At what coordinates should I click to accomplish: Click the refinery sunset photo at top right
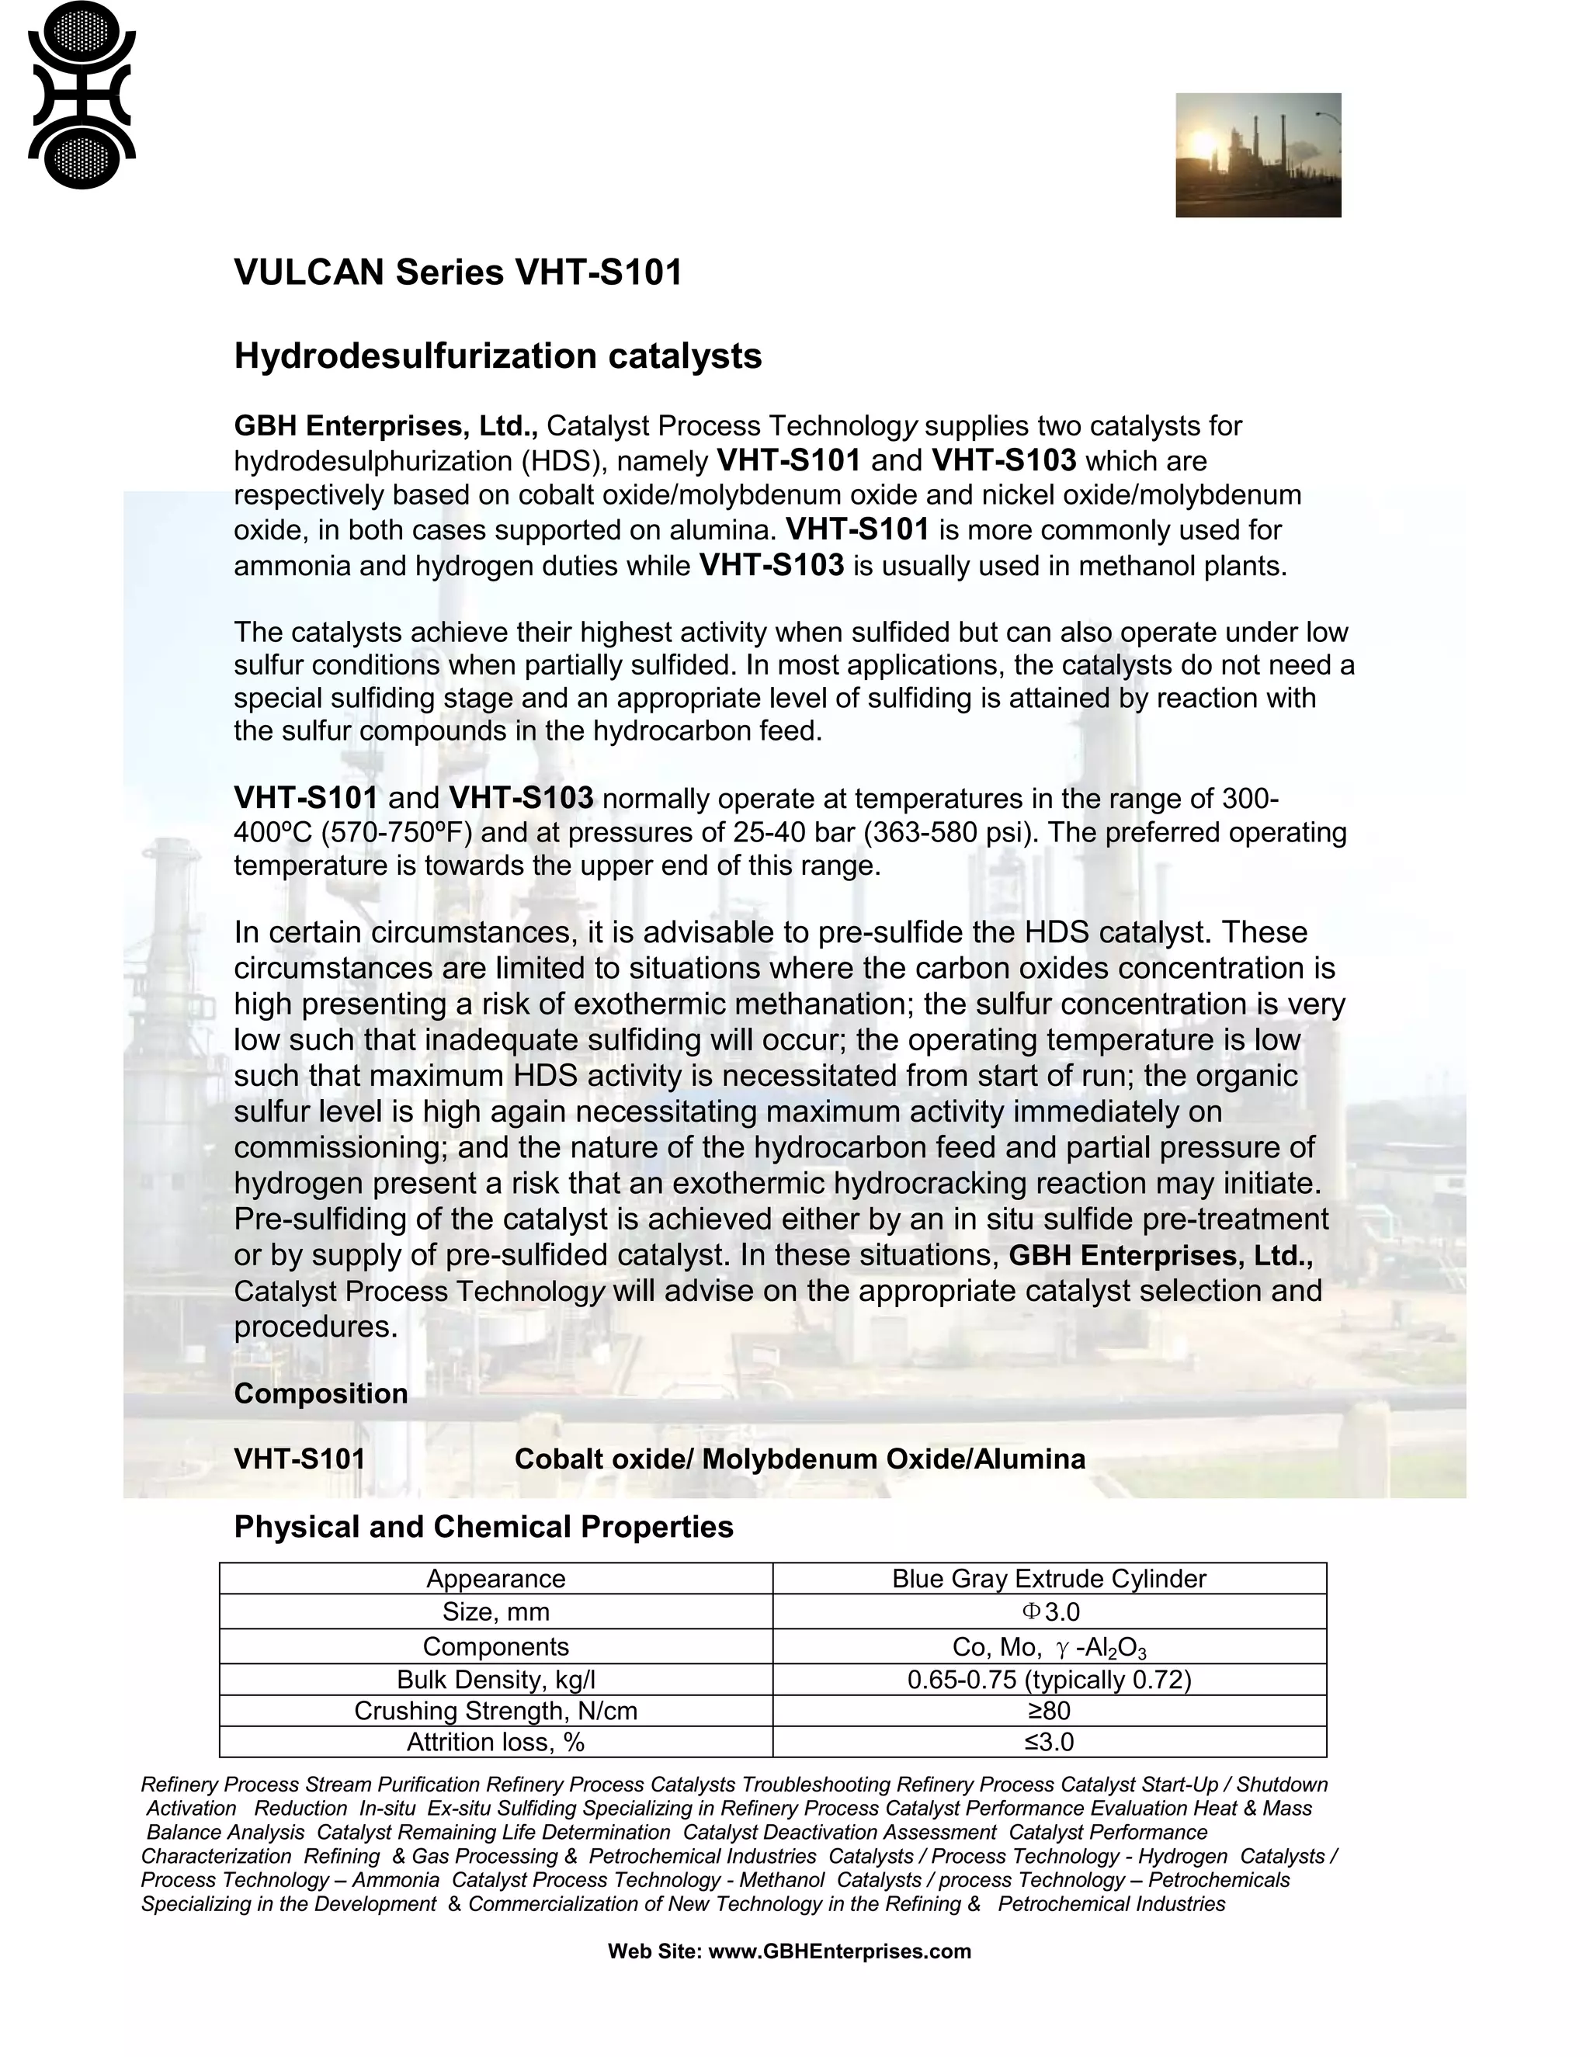point(1258,154)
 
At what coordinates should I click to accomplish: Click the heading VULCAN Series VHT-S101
point(458,273)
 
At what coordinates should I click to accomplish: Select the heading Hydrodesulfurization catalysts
point(498,356)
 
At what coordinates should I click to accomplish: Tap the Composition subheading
point(321,1394)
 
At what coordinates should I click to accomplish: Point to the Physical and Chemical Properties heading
point(483,1527)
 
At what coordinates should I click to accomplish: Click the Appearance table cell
point(495,1579)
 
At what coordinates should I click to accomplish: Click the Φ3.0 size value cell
point(1050,1611)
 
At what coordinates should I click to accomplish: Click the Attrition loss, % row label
point(495,1742)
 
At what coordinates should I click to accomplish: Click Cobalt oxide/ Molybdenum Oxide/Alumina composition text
point(799,1459)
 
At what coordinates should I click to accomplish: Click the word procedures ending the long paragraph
point(314,1327)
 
